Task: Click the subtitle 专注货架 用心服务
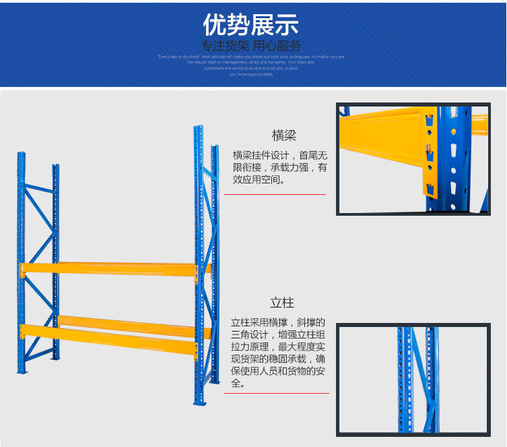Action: [x=250, y=46]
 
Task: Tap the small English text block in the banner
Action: [x=250, y=65]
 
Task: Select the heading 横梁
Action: [x=283, y=135]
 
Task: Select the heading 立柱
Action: [x=282, y=303]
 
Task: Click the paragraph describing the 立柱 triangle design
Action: [x=278, y=353]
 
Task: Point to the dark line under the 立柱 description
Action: [x=276, y=393]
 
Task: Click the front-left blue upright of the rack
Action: [x=22, y=263]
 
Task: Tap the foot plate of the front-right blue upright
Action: [x=199, y=403]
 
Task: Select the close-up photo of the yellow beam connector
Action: [x=413, y=159]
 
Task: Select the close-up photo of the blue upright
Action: [x=413, y=379]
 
